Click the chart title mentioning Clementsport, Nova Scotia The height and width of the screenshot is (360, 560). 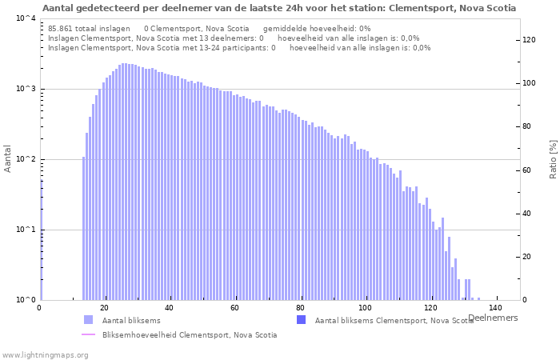click(279, 8)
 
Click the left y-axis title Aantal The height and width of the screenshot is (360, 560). click(8, 158)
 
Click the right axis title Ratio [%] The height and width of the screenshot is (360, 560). click(552, 158)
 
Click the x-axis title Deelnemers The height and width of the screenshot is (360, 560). click(493, 318)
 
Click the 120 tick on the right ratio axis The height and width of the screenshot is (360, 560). click(530, 40)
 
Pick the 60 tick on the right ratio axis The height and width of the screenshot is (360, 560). click(528, 170)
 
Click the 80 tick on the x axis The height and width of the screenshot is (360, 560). click(301, 308)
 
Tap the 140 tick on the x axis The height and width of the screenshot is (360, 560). click(496, 308)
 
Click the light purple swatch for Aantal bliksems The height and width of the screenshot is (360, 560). click(88, 320)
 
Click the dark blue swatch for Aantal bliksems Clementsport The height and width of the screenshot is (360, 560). click(301, 320)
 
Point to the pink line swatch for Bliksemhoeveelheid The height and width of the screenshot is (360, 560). click(88, 334)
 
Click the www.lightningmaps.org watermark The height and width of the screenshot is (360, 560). click(44, 354)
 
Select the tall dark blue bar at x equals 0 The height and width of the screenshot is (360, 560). click(41, 240)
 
